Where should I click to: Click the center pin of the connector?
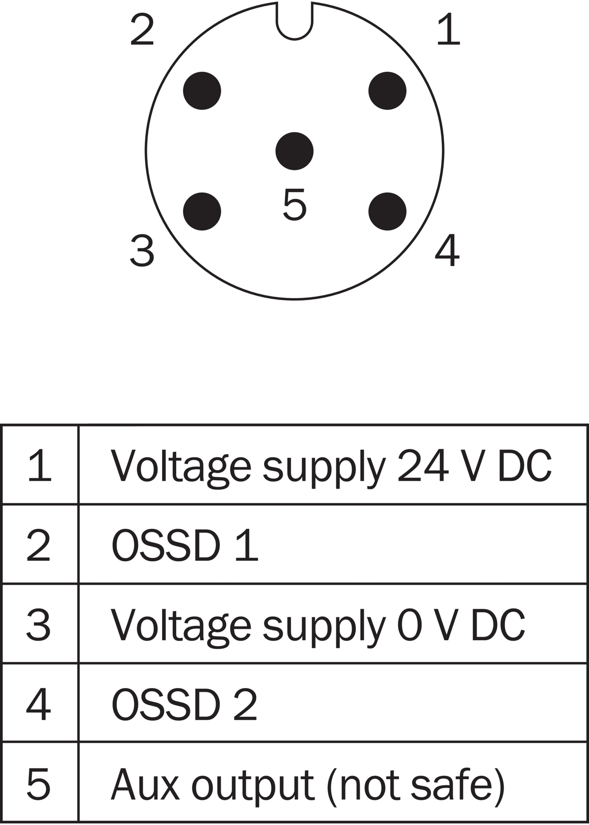pos(294,151)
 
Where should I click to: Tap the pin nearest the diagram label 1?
pos(387,90)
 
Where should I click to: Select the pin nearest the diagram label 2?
pos(202,90)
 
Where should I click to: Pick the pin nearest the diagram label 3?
pos(202,211)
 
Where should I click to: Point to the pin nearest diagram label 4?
pos(387,211)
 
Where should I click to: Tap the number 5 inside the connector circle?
pos(294,204)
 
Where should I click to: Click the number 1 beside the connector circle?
pos(449,29)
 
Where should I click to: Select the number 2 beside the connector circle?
pos(142,29)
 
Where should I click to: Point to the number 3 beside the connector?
pos(142,251)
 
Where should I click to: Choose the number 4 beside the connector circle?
pos(447,250)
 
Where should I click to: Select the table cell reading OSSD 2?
pos(333,705)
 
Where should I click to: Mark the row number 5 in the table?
pos(38,785)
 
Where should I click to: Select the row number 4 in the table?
pos(38,705)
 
